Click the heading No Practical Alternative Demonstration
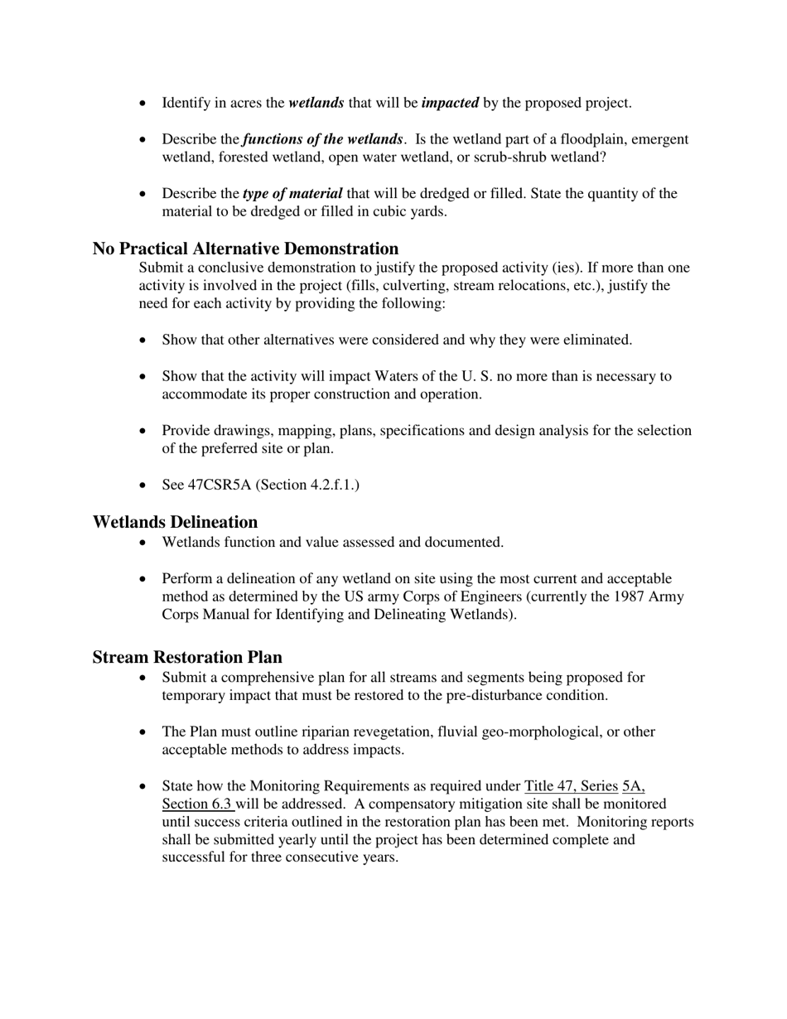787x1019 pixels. pos(245,249)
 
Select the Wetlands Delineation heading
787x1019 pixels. pos(175,522)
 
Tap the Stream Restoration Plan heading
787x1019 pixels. pos(187,657)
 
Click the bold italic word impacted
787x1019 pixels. pos(450,104)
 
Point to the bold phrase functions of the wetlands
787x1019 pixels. pos(323,139)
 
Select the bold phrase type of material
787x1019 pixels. pos(292,194)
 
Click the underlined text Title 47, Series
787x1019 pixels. pos(571,785)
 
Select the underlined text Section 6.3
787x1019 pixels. pos(196,804)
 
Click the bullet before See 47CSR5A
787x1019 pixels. pos(145,485)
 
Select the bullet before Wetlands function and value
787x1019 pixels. pos(145,543)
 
